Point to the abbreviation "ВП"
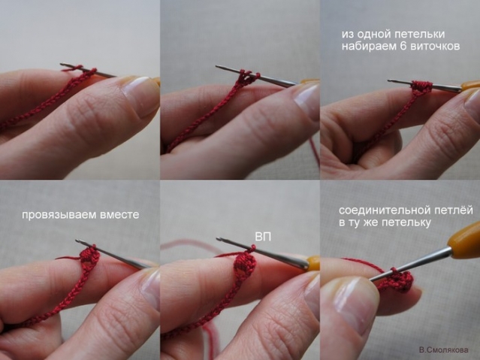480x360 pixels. click(x=263, y=237)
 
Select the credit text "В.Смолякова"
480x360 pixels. click(x=444, y=349)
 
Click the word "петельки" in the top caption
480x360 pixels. click(x=418, y=35)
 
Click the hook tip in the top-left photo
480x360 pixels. click(x=62, y=65)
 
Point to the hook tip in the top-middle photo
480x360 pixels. click(x=217, y=66)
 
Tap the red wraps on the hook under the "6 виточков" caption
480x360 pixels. click(x=421, y=86)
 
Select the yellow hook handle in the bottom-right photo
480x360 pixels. click(x=464, y=237)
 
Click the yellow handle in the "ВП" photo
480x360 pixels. click(x=312, y=265)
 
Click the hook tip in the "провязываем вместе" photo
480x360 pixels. click(x=77, y=241)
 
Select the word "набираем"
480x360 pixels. click(x=370, y=47)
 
